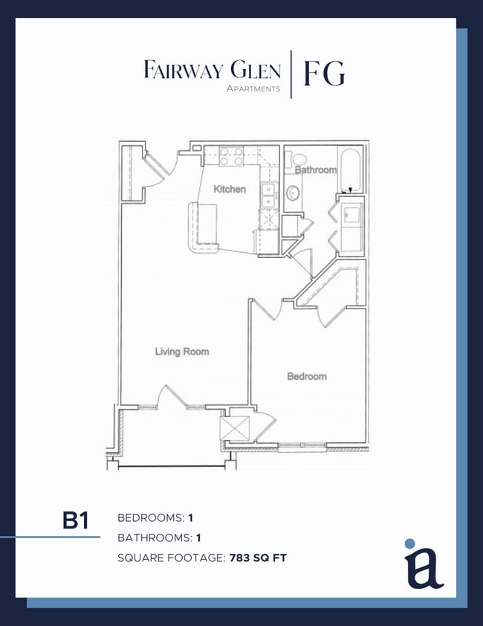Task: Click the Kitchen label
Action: coord(230,190)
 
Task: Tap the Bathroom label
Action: coord(316,170)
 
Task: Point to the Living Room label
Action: coord(182,352)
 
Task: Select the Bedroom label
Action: coord(307,377)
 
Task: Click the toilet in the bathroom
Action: coord(299,159)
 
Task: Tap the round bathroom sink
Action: coord(294,194)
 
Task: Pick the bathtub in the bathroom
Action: coord(349,167)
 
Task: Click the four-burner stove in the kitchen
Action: coord(231,156)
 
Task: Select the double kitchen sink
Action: coord(268,195)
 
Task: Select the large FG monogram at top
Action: coord(324,74)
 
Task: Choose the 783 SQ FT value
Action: coord(256,557)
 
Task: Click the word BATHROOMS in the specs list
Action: coord(152,537)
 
